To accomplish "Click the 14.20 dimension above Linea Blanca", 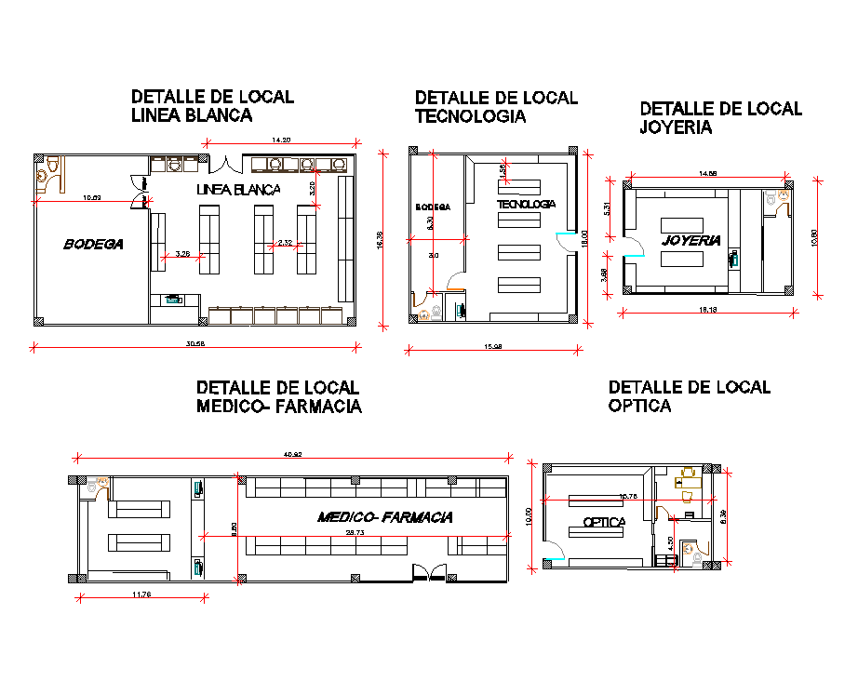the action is (x=280, y=140).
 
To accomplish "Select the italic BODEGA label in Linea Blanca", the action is (x=93, y=245).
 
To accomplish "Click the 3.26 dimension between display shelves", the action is (x=182, y=254).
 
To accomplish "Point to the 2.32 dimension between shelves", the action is (x=285, y=244).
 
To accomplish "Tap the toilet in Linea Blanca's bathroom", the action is (x=55, y=166).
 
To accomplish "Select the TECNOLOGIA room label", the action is (x=526, y=204).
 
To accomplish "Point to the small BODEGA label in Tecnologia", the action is (x=433, y=207).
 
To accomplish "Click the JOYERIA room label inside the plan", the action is (x=691, y=240).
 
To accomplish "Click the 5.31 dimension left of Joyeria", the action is (x=607, y=209).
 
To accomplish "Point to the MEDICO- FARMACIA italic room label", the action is (x=384, y=517).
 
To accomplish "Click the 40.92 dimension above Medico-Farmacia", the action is (x=292, y=454).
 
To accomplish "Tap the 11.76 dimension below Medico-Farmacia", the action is (x=141, y=594).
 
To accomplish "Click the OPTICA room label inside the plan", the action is (x=604, y=522).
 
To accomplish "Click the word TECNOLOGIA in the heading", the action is (x=470, y=116).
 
